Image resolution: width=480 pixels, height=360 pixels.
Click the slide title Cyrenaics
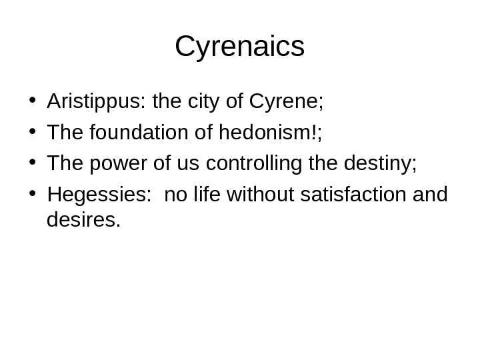pos(239,47)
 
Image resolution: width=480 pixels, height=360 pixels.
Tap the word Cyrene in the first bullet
pos(285,103)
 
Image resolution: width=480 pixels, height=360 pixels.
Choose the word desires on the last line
pos(83,219)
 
